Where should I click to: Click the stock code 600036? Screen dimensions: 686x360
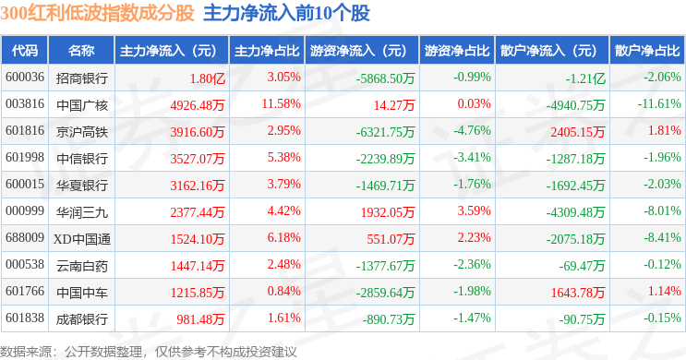[25, 78]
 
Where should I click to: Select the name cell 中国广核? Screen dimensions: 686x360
[82, 105]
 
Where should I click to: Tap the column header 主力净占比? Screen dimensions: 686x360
[267, 51]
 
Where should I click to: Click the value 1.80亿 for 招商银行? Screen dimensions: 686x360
[208, 78]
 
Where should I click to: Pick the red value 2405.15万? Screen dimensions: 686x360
[577, 132]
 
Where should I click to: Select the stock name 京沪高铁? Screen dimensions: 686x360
[82, 132]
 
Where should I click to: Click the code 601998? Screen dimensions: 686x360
[25, 158]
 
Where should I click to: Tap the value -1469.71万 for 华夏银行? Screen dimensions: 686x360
[385, 186]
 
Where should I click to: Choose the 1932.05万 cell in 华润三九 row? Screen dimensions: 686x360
[388, 212]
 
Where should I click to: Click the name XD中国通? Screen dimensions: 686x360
[82, 239]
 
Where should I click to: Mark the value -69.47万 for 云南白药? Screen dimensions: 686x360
[582, 266]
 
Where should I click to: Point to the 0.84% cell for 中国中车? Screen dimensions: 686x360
[284, 292]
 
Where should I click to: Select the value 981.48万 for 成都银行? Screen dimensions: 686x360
[200, 319]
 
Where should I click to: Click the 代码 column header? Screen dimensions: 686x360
[25, 51]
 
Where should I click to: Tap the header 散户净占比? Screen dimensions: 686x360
[647, 51]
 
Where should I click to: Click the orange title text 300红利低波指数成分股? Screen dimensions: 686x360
[97, 13]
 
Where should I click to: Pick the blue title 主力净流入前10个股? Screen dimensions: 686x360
[286, 13]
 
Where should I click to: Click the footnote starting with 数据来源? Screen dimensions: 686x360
[149, 352]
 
